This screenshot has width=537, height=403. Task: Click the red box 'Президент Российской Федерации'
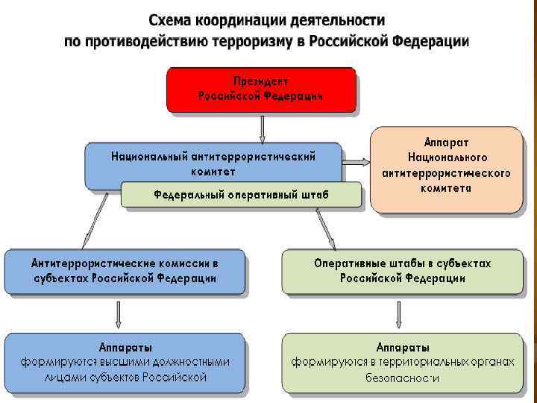tap(260, 90)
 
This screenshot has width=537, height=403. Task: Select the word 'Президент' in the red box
tap(261, 81)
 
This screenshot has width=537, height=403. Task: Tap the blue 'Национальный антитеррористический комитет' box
tap(213, 163)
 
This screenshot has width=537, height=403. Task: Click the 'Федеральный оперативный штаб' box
tap(241, 195)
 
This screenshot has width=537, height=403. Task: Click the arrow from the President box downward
tap(261, 128)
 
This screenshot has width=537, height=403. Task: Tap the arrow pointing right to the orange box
tap(356, 160)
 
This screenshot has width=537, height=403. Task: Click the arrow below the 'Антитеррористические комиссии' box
tap(118, 313)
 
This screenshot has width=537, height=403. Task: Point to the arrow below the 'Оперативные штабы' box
tap(400, 314)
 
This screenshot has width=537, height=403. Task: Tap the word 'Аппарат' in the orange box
tap(447, 143)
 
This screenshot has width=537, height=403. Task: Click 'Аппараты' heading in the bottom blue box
tap(126, 348)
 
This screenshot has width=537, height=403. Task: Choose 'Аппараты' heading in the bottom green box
tap(403, 348)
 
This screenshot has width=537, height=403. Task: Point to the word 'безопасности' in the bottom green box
tap(403, 378)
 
